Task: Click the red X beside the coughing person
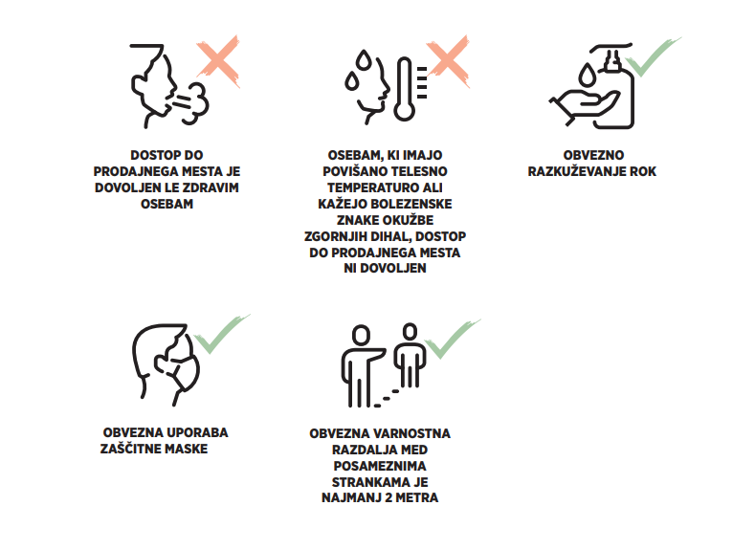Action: [x=218, y=61]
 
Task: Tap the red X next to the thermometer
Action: [x=448, y=61]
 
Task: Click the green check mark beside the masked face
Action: [x=220, y=337]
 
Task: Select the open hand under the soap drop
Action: [x=584, y=106]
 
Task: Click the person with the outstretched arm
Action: [x=361, y=365]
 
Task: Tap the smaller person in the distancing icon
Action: [x=410, y=355]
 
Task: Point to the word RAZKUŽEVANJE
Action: [x=576, y=171]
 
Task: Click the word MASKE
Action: [x=187, y=449]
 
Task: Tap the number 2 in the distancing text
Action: [x=387, y=497]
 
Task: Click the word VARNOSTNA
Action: [x=411, y=433]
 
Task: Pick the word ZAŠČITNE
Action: [x=130, y=449]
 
